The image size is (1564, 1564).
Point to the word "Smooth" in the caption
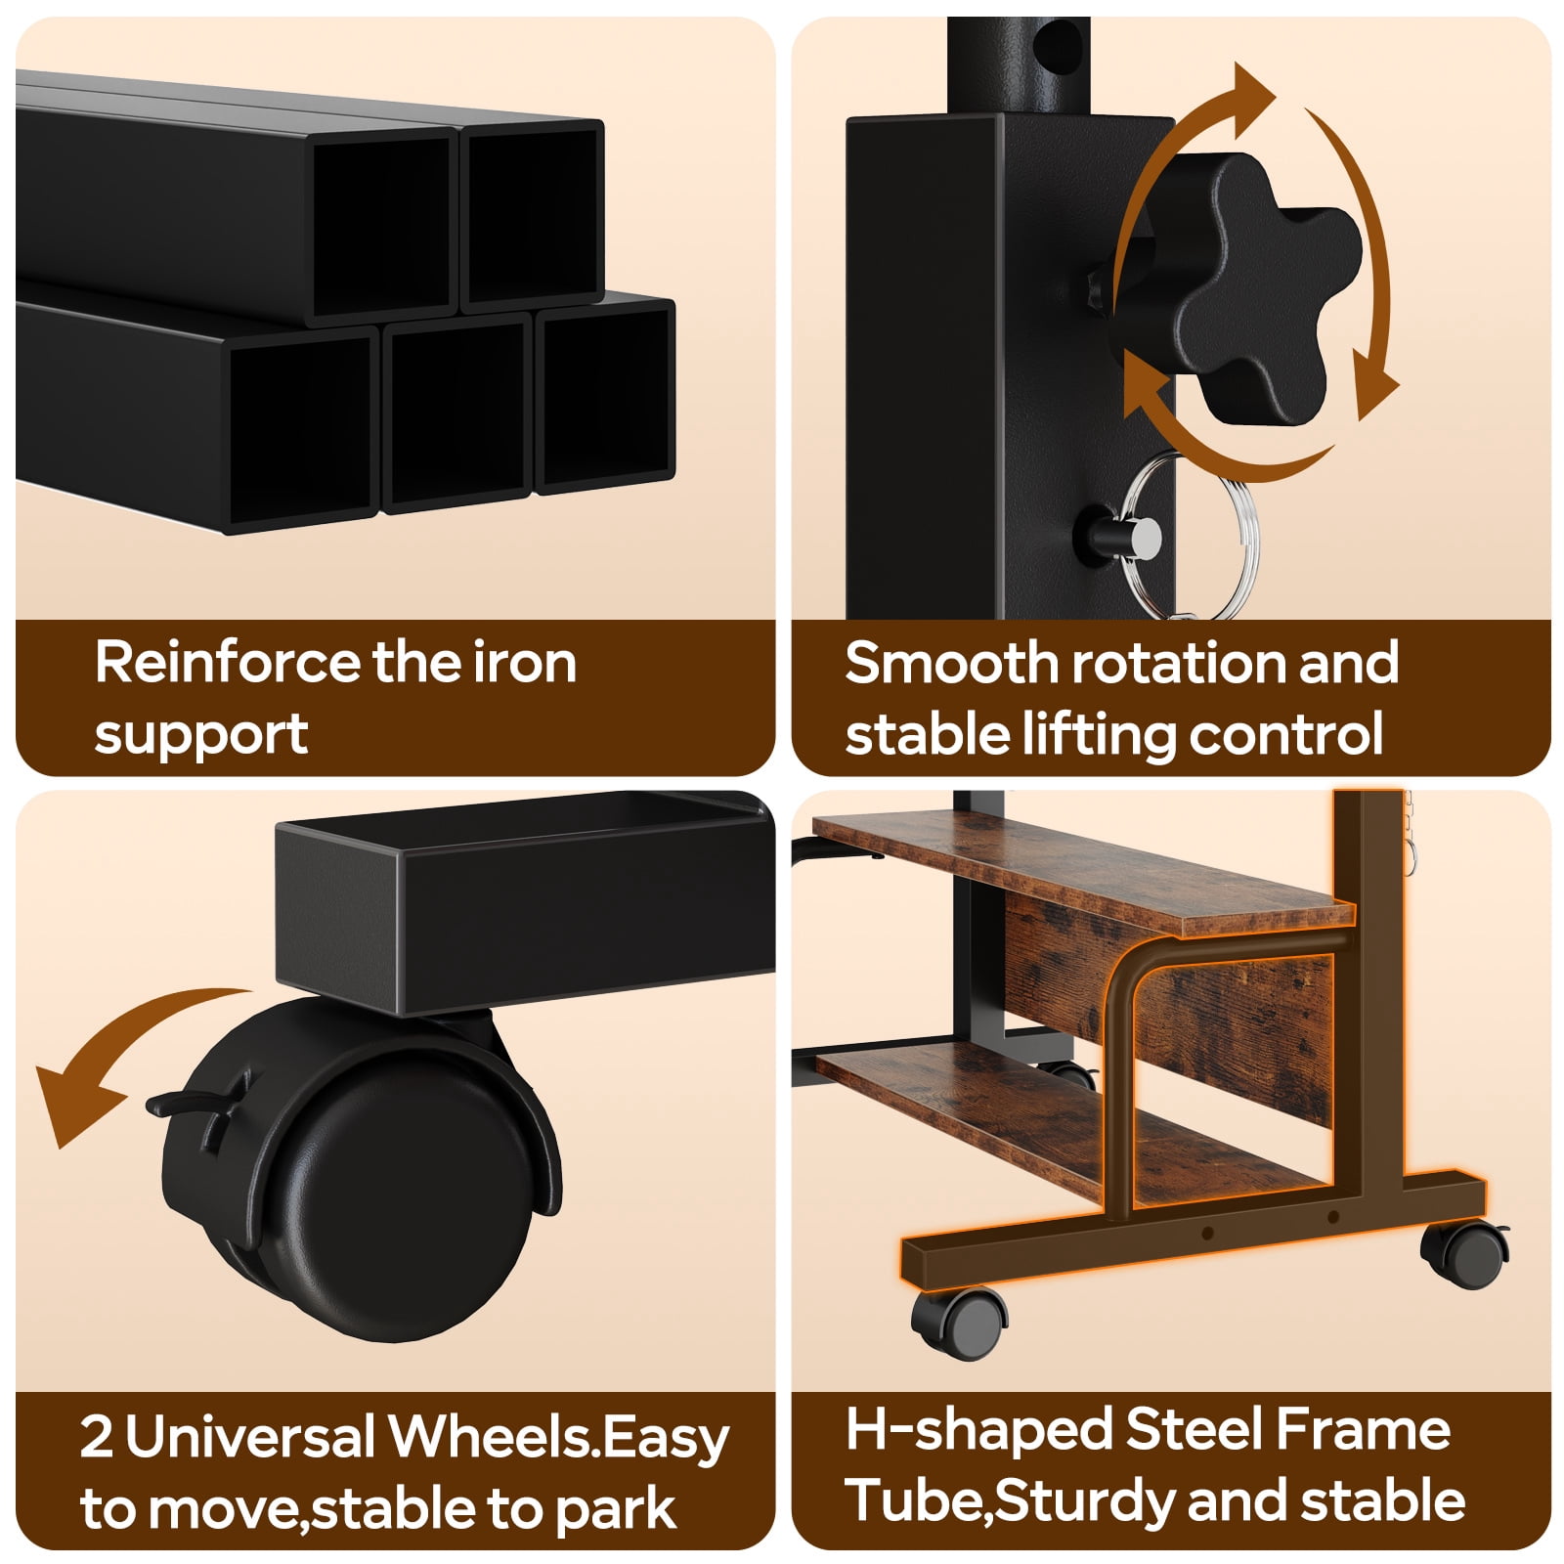(952, 663)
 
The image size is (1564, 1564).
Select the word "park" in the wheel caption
(616, 1509)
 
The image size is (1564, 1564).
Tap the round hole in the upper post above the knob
(1062, 43)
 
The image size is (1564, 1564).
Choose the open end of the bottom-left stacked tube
(303, 430)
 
